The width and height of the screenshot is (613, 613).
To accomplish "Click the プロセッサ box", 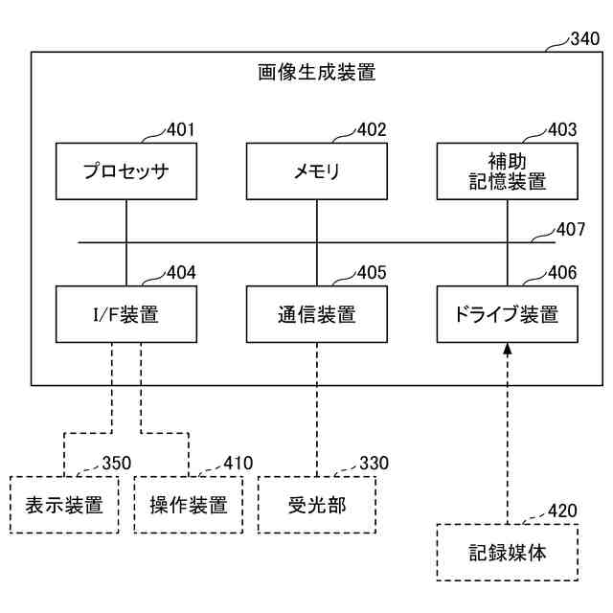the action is pos(126,171).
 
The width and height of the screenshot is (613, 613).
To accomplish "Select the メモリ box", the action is pos(317,171).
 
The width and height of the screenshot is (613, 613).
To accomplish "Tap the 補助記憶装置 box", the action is pos(507,171).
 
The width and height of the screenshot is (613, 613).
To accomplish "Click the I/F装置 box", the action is pos(126,314).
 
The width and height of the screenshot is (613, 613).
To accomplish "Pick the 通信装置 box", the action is pos(317,314).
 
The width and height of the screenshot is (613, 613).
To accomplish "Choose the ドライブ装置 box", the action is pos(507,314).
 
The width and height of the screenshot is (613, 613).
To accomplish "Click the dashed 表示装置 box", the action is pos(64,505).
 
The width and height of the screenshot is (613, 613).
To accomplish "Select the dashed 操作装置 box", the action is pos(189,505).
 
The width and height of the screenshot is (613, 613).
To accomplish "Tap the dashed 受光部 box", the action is pos(317,505).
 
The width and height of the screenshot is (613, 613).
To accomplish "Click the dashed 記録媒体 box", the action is pos(507,553).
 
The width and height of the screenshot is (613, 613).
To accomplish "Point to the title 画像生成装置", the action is pos(317,73).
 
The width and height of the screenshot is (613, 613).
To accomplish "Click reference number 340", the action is pos(585,38).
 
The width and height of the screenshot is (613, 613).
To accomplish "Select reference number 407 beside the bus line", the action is pos(571,230).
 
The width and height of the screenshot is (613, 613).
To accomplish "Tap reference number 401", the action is pos(181,130).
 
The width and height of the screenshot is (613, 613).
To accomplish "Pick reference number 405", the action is pos(372,272).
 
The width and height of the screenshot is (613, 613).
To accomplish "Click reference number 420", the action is pos(562,511).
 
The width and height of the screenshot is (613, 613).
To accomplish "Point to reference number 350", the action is pos(117,464).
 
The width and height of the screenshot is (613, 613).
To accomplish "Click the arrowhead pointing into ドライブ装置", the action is pos(507,349).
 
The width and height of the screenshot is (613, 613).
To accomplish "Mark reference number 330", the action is pos(375,464).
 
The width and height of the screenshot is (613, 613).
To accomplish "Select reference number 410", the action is pos(238,464).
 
